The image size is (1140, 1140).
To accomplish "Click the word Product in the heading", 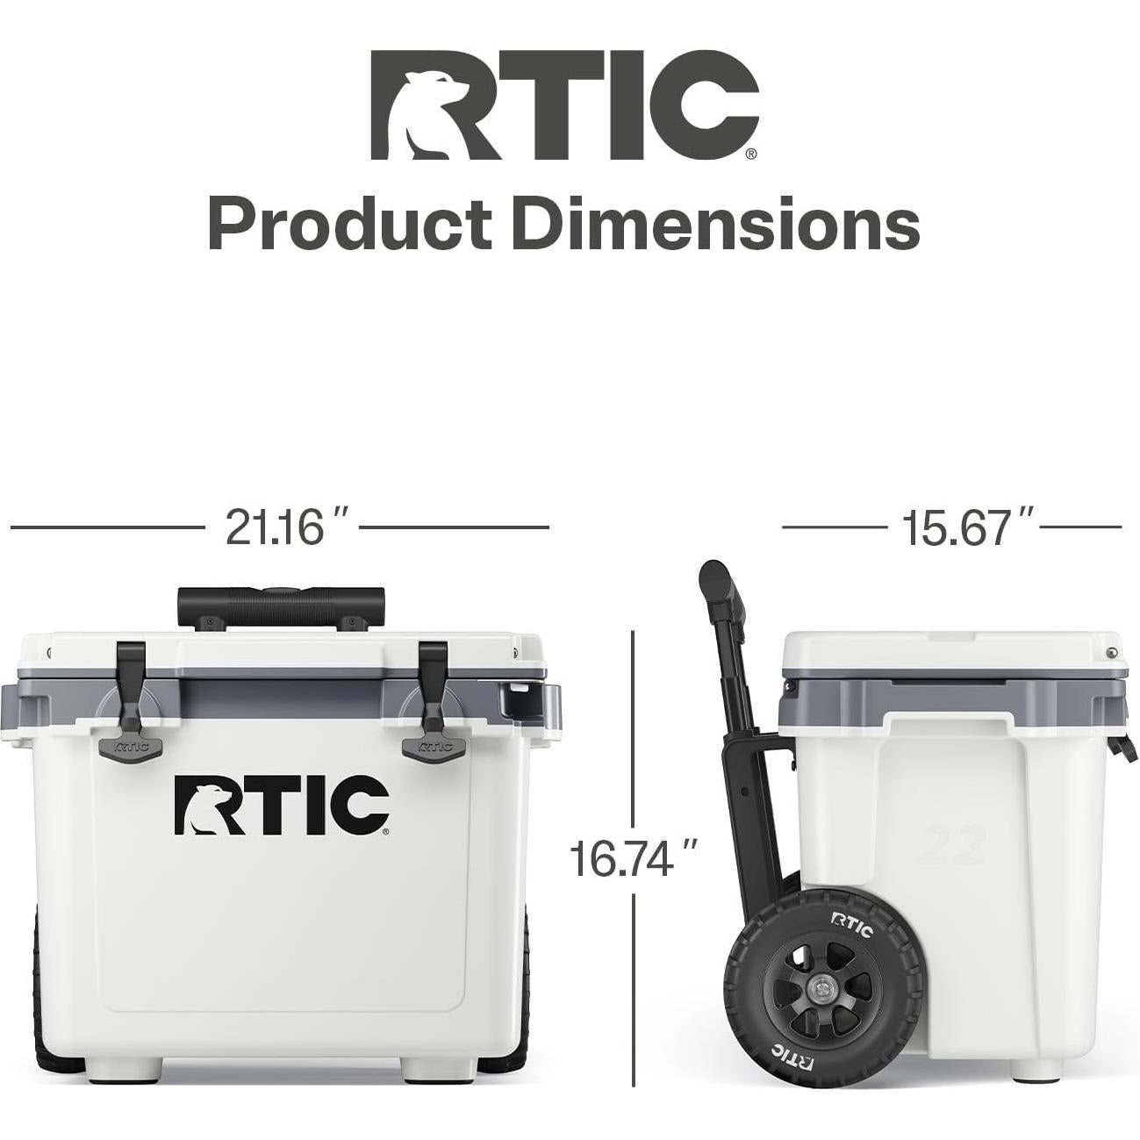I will (348, 225).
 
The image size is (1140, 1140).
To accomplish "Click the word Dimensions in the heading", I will (716, 225).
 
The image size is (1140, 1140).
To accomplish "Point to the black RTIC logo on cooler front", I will (282, 804).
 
